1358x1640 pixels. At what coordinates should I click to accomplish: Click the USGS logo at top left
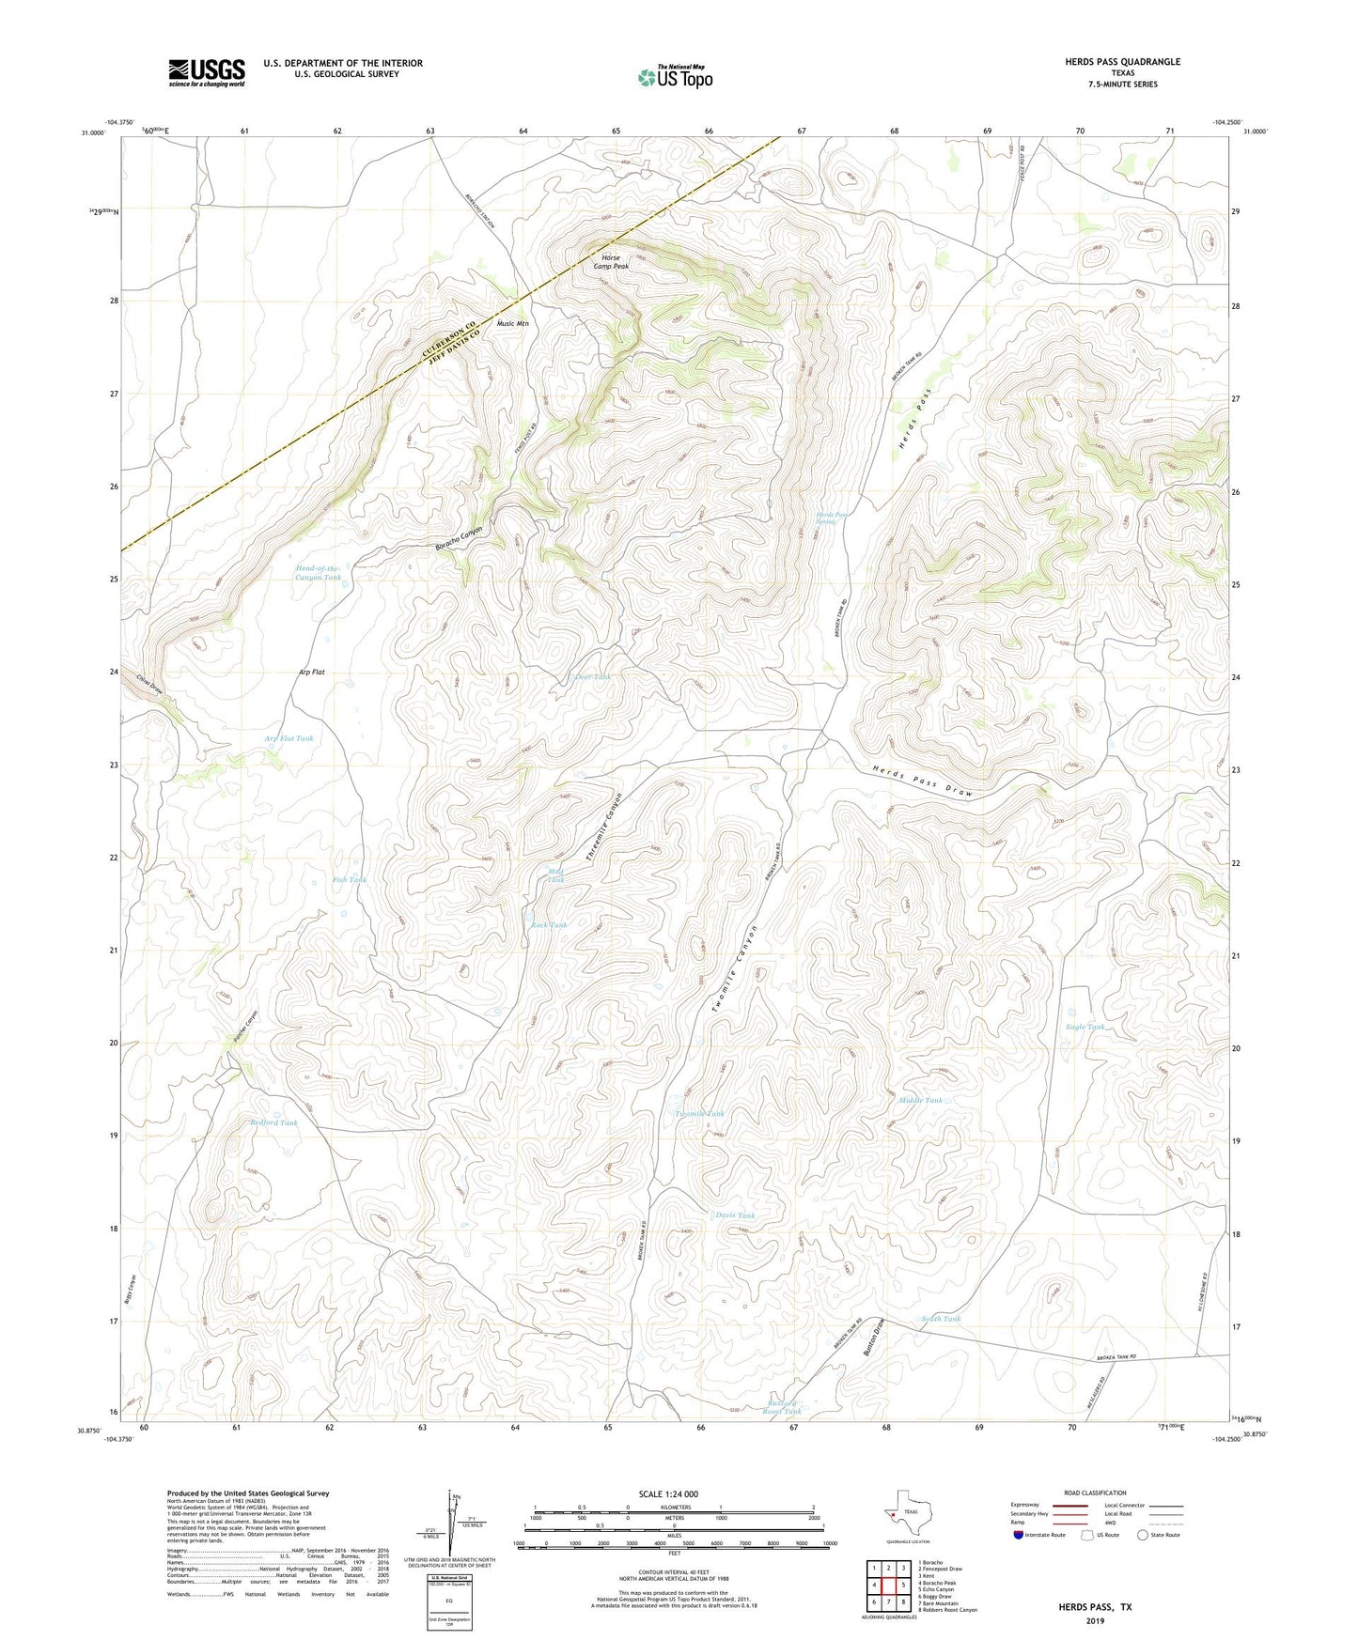(x=206, y=72)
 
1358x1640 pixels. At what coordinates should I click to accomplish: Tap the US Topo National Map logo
(x=675, y=77)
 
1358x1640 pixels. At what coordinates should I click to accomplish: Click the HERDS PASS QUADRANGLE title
(x=1122, y=62)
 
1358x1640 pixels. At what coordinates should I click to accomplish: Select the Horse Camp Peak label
(x=611, y=262)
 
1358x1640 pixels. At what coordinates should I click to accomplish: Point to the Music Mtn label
(x=512, y=323)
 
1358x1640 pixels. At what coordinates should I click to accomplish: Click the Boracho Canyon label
(x=459, y=539)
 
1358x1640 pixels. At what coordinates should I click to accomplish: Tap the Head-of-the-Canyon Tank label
(x=318, y=573)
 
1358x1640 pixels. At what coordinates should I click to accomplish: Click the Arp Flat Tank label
(x=289, y=738)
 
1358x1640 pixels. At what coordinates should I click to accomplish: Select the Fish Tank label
(x=349, y=880)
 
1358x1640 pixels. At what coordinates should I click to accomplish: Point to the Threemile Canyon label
(x=604, y=828)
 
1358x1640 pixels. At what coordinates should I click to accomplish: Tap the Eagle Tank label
(x=1085, y=1027)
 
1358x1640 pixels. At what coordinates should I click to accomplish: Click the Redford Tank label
(x=273, y=1122)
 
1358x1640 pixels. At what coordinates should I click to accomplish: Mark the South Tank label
(x=940, y=1319)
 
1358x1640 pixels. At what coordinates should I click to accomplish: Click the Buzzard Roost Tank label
(x=781, y=1407)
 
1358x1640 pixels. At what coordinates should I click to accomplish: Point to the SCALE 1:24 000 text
(x=667, y=1494)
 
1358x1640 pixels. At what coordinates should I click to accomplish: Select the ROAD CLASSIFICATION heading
(x=1095, y=1493)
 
